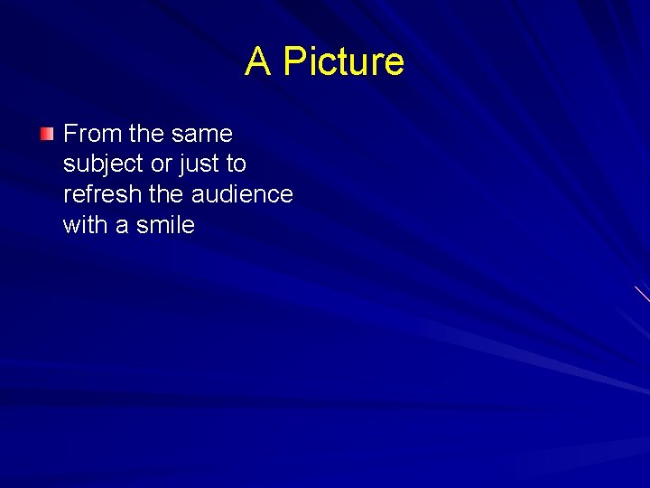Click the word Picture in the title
coord(343,61)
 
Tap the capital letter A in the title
coord(258,61)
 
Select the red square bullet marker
coord(47,135)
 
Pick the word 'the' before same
coord(146,134)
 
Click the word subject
coord(100,164)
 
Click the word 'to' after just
coord(236,164)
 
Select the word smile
coord(165,225)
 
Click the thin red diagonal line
coord(642,293)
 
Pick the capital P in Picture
coord(292,61)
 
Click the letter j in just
coord(185,165)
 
